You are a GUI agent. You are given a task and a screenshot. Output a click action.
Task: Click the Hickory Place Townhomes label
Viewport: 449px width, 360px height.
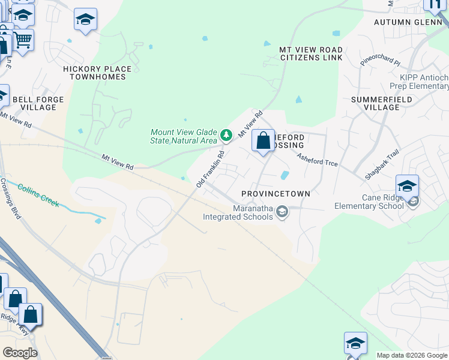pos(95,73)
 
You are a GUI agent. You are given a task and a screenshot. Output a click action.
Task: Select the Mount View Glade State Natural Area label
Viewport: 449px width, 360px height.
pos(183,136)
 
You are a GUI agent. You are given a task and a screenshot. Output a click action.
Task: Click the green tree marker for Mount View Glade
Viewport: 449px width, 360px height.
pos(226,136)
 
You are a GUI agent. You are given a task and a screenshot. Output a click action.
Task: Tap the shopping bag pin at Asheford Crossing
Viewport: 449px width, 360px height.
pos(263,142)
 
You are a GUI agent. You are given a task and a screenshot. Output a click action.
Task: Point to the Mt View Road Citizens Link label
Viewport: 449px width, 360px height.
pos(311,53)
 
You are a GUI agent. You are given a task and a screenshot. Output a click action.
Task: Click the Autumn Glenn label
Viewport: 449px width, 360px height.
pos(408,22)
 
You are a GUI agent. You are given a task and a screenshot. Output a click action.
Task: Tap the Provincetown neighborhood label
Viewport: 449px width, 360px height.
pos(276,194)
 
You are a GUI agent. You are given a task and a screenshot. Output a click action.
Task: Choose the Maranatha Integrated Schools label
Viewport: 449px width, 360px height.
pos(237,212)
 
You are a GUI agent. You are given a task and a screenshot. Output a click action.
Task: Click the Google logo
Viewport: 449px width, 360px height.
pos(20,353)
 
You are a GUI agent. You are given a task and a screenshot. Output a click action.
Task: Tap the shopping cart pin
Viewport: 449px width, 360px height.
pos(23,41)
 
